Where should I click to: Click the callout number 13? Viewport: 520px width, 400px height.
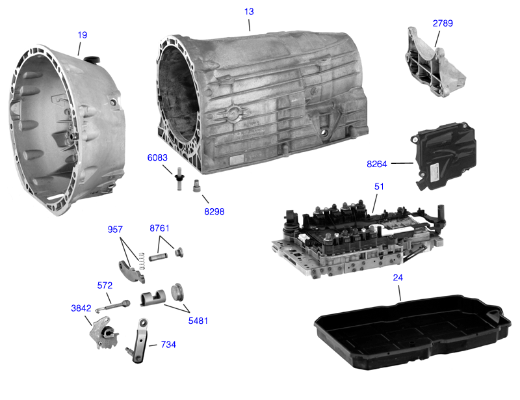click(249, 12)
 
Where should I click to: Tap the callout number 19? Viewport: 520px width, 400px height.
click(83, 35)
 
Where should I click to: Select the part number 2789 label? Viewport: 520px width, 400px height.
click(443, 23)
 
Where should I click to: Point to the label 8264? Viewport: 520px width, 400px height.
click(377, 164)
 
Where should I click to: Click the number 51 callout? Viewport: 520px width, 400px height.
click(379, 187)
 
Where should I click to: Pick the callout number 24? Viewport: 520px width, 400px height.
click(398, 278)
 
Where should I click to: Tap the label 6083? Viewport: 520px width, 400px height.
click(157, 157)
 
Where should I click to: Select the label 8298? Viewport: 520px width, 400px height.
click(214, 211)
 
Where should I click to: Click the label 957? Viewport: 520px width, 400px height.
click(115, 230)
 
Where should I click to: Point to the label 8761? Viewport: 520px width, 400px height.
click(159, 228)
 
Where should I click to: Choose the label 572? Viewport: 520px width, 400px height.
click(105, 286)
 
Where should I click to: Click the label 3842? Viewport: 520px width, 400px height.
click(81, 308)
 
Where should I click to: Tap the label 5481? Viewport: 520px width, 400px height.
click(198, 321)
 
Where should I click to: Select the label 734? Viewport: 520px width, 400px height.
click(168, 345)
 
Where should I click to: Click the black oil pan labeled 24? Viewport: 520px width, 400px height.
click(412, 332)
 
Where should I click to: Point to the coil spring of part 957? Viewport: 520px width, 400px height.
click(142, 261)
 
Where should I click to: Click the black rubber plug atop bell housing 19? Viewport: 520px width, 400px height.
click(92, 59)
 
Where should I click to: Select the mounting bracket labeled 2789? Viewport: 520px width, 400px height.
click(435, 62)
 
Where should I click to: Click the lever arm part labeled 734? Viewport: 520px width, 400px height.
click(138, 341)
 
